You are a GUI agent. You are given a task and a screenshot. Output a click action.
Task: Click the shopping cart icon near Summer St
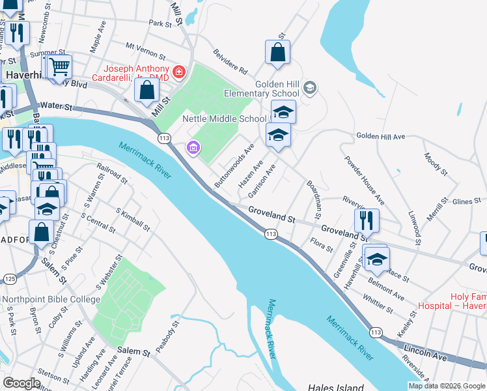(59, 66)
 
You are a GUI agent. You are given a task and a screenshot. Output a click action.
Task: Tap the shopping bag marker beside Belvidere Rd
(277, 53)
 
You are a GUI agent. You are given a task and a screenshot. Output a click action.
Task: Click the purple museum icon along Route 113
(193, 149)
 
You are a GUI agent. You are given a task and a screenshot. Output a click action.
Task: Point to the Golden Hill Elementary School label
(260, 89)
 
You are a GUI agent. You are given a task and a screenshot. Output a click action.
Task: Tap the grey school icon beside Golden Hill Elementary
(311, 87)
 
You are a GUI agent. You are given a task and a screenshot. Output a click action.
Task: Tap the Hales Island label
(336, 387)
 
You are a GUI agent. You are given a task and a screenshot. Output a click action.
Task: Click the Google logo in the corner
(21, 383)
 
